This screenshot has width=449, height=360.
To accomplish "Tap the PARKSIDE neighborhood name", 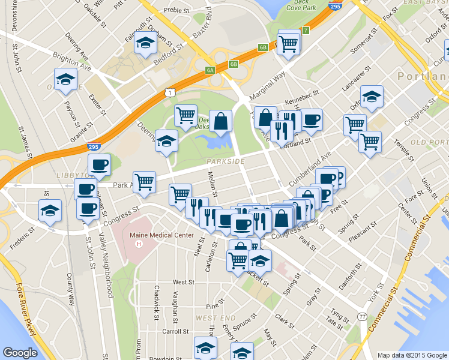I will click(x=225, y=162).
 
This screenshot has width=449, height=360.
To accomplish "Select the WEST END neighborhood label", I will click(x=214, y=317).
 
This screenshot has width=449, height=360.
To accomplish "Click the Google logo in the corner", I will click(x=20, y=353).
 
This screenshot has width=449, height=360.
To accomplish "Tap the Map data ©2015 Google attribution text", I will click(x=412, y=355).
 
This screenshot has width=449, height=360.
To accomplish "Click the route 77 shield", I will click(x=361, y=316).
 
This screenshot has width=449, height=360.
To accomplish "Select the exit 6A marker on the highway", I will click(x=210, y=70).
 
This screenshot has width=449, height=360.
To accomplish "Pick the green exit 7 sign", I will click(x=306, y=30).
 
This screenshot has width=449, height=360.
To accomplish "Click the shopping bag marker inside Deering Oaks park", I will click(x=221, y=120).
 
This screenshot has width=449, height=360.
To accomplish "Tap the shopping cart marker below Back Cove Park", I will click(x=289, y=43).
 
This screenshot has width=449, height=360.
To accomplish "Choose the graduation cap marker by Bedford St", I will click(x=145, y=43).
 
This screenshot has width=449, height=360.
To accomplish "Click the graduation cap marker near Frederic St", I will click(x=50, y=210).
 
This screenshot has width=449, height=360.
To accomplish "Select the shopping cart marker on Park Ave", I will click(x=144, y=181).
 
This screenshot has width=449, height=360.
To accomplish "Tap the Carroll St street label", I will click(x=175, y=331).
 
